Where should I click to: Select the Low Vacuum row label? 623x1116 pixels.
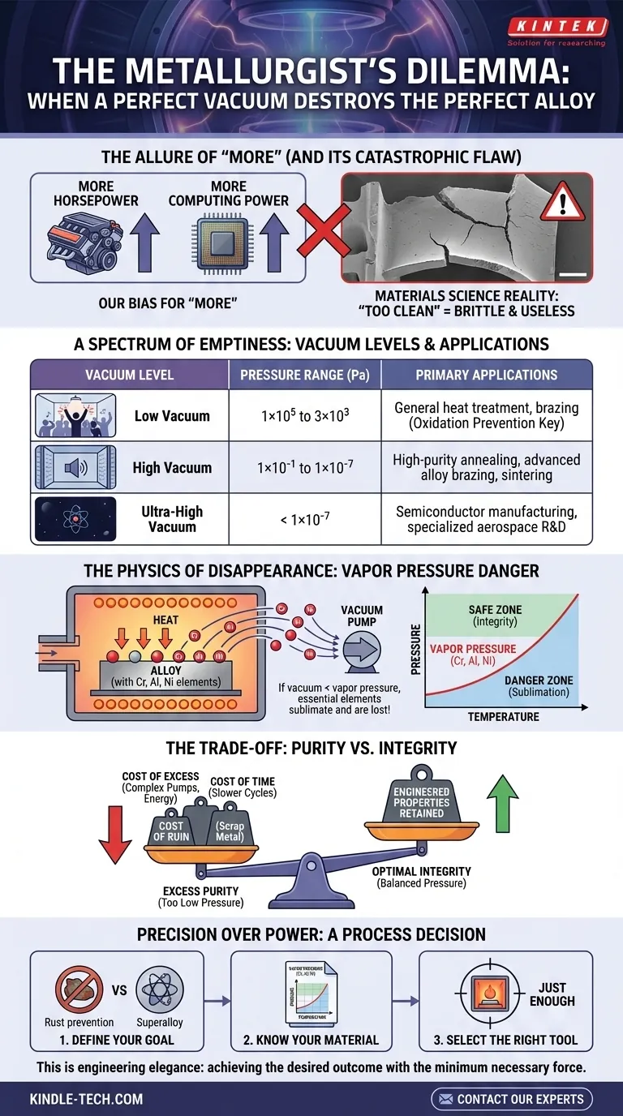point(171,416)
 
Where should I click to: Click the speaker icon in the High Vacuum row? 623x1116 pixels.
point(72,467)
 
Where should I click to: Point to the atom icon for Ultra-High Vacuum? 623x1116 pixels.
point(72,517)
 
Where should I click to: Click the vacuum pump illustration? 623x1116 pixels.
point(361,650)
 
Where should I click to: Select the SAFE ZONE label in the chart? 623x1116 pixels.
point(495,616)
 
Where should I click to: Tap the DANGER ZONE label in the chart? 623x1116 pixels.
point(539,686)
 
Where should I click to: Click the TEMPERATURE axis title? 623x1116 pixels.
point(502,717)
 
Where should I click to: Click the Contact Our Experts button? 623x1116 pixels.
point(511,1099)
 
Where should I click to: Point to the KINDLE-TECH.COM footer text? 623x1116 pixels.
point(87,1099)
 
